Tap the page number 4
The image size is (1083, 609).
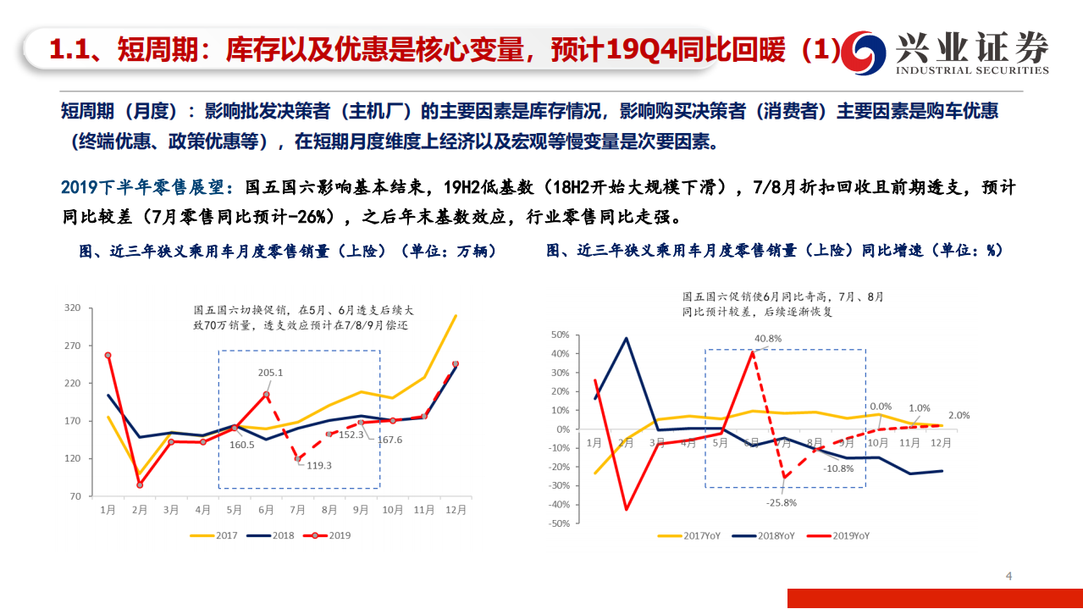[x=1008, y=577]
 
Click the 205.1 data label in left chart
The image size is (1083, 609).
[x=271, y=372]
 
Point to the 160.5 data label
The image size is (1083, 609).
[x=241, y=444]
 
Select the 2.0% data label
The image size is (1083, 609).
[x=959, y=415]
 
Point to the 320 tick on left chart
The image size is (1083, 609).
[x=73, y=308]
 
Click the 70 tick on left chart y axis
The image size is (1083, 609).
[x=75, y=496]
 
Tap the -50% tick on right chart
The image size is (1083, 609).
[x=560, y=523]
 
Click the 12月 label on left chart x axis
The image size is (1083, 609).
[x=455, y=510]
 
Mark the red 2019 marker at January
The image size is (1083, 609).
[x=108, y=356]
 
